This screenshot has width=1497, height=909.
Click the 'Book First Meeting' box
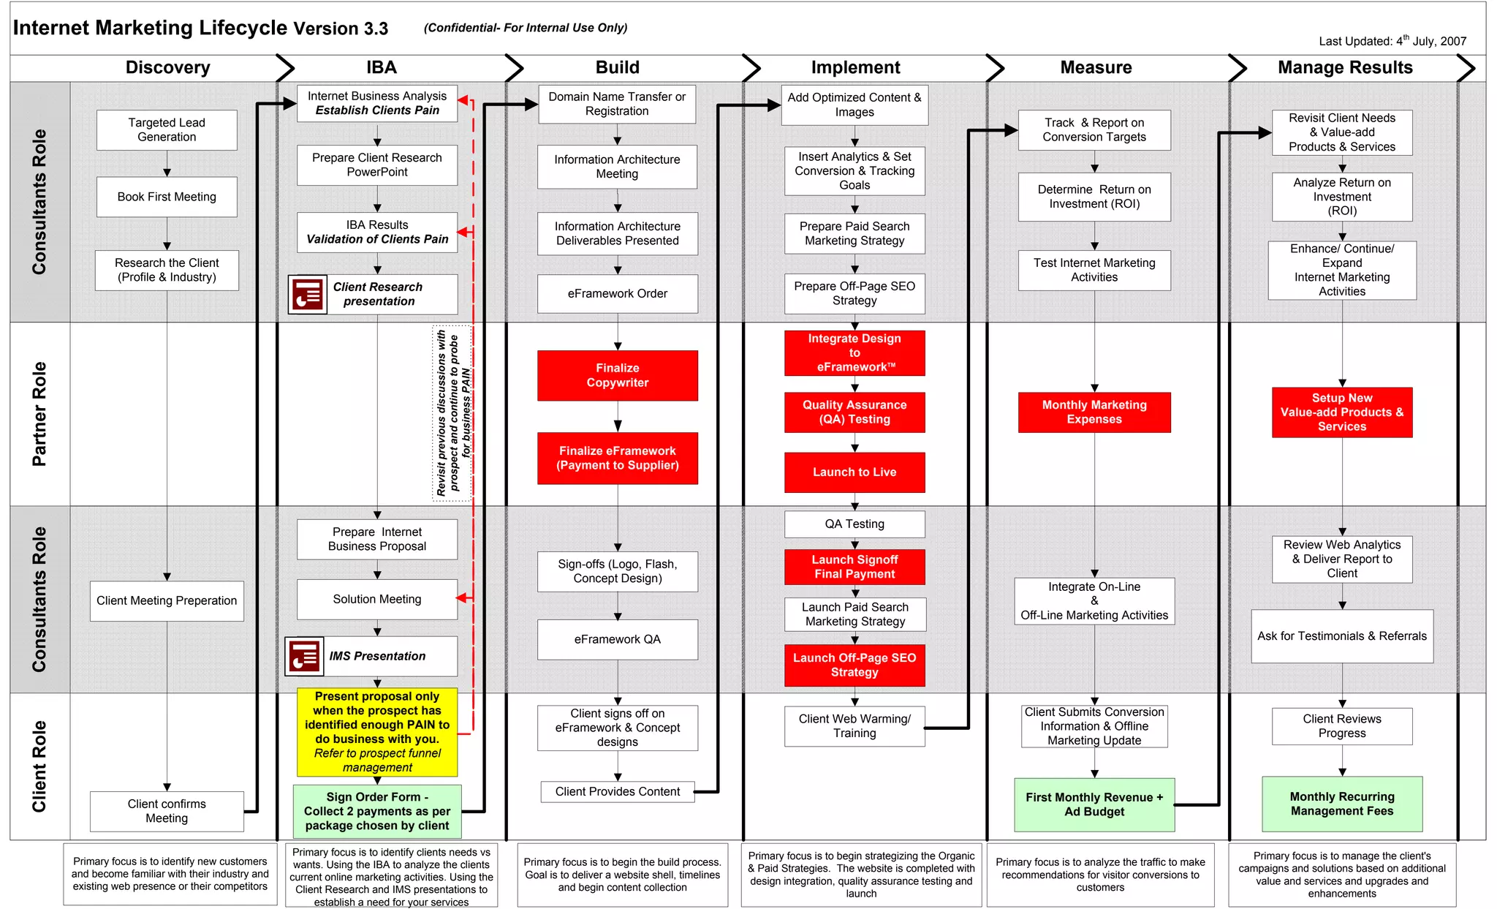tap(167, 197)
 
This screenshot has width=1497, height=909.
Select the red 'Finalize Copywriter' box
tap(617, 375)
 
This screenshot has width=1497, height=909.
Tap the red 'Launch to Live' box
tap(854, 472)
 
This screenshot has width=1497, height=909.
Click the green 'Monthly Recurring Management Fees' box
tap(1341, 804)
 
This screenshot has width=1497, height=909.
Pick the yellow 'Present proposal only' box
tap(377, 731)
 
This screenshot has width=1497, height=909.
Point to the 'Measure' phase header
tap(1096, 68)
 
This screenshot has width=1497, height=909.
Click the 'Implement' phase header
tap(855, 68)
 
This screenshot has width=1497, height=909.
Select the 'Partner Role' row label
tap(39, 414)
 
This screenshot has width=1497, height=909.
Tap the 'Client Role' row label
tap(39, 766)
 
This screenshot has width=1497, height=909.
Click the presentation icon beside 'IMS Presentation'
tap(304, 656)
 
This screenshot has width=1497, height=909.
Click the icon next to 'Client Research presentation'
tap(308, 295)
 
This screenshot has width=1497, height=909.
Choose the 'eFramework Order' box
tap(617, 294)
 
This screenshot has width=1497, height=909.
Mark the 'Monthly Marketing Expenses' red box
tap(1094, 412)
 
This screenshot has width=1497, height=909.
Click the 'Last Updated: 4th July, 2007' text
tap(1392, 41)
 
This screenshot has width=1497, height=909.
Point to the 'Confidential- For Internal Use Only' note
tap(526, 28)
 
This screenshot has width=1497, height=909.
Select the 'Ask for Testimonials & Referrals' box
tap(1341, 636)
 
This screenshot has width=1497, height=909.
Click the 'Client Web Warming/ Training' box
tap(854, 726)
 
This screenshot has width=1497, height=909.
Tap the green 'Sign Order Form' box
tap(377, 811)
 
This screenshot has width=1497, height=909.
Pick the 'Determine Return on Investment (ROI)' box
tap(1094, 197)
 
